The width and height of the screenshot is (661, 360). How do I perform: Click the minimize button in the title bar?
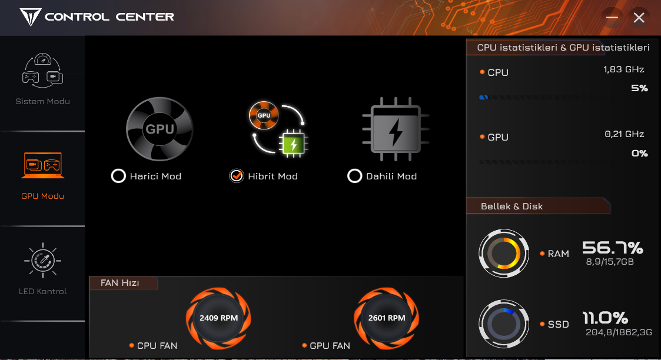[612, 17]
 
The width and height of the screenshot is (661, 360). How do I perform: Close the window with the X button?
[639, 17]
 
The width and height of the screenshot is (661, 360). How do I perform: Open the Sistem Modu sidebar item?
[42, 79]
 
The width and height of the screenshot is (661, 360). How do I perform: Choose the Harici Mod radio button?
[118, 176]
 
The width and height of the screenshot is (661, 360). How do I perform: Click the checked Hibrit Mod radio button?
[237, 176]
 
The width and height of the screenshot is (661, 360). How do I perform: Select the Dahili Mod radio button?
[354, 176]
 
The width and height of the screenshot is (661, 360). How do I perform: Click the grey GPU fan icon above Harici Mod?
[160, 129]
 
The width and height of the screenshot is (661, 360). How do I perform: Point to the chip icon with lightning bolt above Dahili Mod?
[396, 129]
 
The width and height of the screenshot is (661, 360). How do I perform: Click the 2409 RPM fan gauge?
[218, 318]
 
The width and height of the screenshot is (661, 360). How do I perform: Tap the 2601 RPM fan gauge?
[387, 318]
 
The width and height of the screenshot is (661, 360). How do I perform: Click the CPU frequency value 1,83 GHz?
[623, 69]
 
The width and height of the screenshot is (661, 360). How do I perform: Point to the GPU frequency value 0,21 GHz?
[625, 134]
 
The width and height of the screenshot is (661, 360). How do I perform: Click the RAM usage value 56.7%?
[613, 248]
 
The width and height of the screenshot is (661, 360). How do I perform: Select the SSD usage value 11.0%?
[605, 318]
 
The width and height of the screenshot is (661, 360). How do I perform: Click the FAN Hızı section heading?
[119, 283]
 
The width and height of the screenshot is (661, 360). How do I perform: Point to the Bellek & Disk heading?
[511, 206]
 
